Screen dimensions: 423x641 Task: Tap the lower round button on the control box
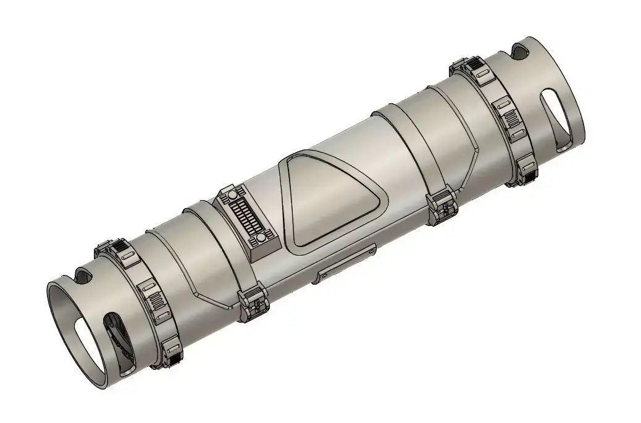(x=261, y=237)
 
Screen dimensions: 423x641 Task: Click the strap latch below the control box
(x=252, y=302)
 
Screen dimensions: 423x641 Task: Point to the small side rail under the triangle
(x=346, y=264)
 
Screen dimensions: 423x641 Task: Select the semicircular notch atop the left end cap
(x=82, y=273)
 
